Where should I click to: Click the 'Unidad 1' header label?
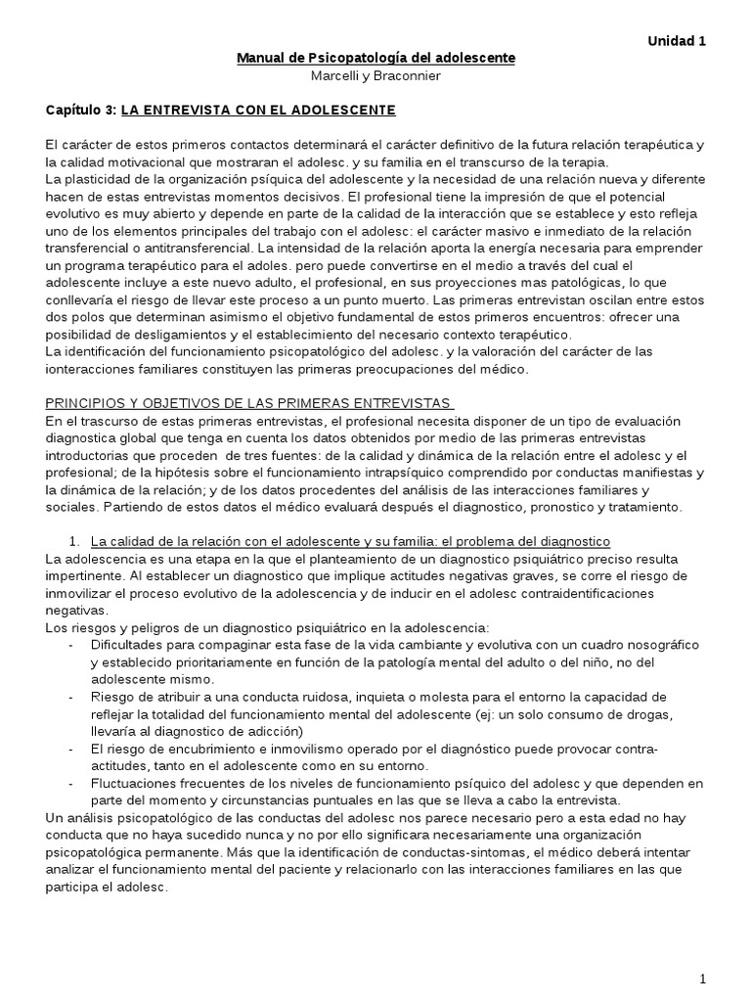click(676, 41)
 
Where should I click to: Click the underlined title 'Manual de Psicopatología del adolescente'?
click(375, 59)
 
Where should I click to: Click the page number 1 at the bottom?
click(702, 979)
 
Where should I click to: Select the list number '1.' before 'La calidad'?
click(73, 540)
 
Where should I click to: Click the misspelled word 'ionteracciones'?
click(90, 369)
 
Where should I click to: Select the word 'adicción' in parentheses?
click(276, 731)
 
